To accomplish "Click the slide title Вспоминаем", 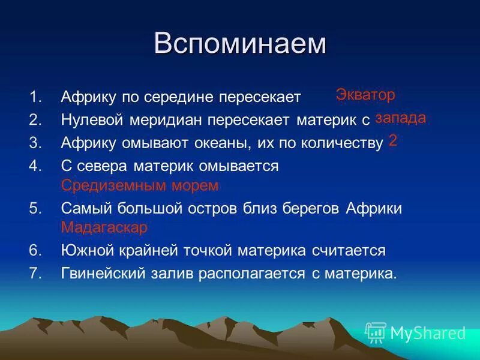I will (x=240, y=44).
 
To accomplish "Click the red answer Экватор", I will (x=365, y=95).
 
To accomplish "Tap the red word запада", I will (x=400, y=118).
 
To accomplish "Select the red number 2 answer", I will (x=393, y=140).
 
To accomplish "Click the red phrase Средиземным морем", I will (x=140, y=185).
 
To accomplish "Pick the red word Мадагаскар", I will (x=104, y=228).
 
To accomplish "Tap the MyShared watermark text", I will (x=428, y=333).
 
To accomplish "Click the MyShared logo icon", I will (x=376, y=332).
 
